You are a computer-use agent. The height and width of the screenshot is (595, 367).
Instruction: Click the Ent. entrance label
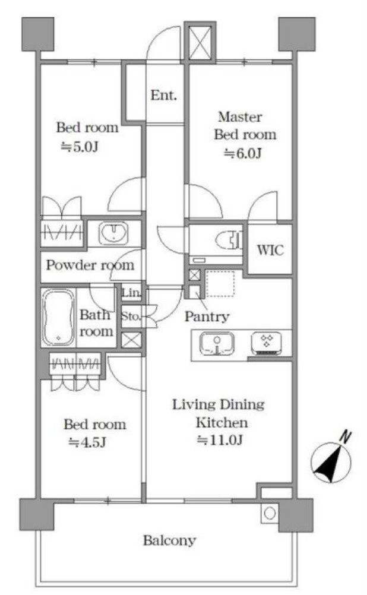163,95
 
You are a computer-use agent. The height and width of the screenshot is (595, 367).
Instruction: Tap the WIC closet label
270,249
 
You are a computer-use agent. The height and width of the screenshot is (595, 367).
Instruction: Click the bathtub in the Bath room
58,318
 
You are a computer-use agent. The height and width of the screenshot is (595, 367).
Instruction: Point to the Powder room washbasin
113,233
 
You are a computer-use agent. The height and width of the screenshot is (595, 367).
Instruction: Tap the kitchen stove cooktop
267,344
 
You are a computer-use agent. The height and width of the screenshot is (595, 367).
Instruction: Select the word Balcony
169,540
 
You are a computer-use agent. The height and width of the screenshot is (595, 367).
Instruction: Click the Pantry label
207,316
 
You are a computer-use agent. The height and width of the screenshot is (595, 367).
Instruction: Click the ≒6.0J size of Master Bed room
243,153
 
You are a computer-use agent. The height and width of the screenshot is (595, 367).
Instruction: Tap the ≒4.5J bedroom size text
87,442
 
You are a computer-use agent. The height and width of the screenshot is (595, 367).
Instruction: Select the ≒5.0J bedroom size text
80,147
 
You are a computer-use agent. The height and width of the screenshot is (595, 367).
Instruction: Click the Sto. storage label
131,316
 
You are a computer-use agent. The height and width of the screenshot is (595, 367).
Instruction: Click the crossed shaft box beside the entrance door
200,42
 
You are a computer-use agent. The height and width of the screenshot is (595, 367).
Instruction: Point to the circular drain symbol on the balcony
270,514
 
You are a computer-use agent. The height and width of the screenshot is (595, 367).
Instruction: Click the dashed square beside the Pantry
220,283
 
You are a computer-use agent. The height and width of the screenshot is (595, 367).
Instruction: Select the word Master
240,117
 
